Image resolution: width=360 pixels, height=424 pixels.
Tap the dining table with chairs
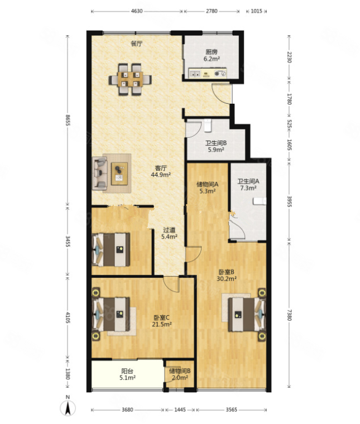coord(130,79)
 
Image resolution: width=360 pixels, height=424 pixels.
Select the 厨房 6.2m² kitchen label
coord(211,55)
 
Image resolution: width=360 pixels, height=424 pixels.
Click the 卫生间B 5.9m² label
coord(215,146)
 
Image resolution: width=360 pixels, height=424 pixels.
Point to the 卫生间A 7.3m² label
coord(248,185)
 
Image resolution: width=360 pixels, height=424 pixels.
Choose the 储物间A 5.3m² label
coord(207,187)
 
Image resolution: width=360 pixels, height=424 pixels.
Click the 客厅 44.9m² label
coord(161,171)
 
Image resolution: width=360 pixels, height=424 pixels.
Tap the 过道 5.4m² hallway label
coord(169,233)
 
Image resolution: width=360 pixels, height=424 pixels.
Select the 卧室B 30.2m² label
coord(227,275)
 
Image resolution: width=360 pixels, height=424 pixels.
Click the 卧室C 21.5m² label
coord(162,321)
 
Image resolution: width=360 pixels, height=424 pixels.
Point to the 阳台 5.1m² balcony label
coord(127,374)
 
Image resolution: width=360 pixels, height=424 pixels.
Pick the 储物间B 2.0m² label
coord(180,374)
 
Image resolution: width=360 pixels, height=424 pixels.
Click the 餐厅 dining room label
coord(136,44)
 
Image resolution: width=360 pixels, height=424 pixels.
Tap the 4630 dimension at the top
coord(137,11)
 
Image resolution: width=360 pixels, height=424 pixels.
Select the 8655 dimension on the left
coord(68,121)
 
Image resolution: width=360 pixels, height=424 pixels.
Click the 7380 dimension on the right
coord(289,315)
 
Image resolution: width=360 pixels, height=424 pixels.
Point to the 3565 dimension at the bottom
coord(231,409)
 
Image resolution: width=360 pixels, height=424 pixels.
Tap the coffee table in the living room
coord(119,174)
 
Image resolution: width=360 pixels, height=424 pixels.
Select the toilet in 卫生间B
coord(208,126)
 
